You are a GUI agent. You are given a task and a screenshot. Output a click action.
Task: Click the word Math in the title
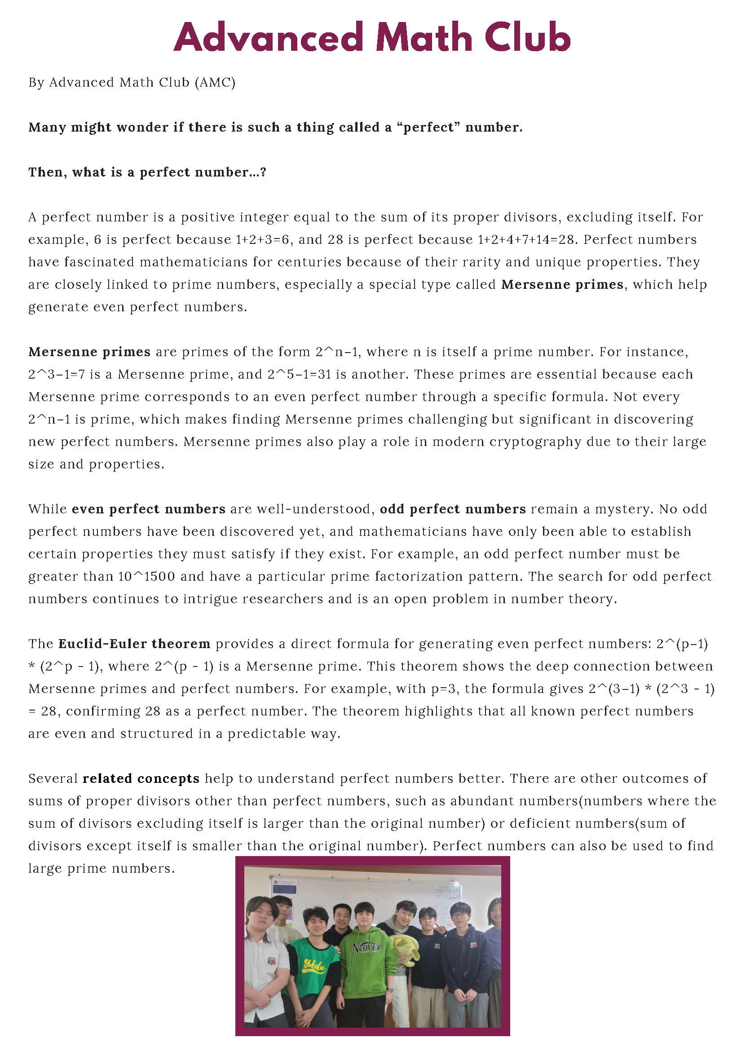(x=424, y=38)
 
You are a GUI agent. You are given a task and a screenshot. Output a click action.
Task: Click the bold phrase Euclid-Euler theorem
(x=134, y=644)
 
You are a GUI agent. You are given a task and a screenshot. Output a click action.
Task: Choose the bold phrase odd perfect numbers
(x=452, y=509)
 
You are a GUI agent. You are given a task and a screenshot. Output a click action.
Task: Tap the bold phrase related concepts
(x=141, y=779)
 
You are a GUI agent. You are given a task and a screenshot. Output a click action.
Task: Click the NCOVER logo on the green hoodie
(x=366, y=948)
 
